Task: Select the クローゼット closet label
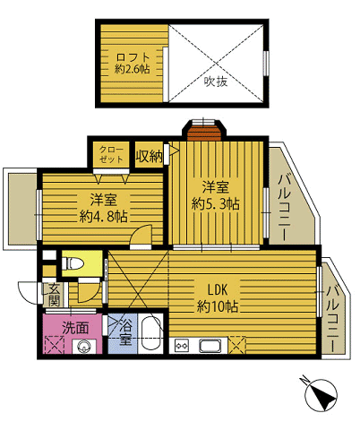click(111, 154)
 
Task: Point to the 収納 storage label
click(150, 155)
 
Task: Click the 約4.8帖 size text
click(103, 215)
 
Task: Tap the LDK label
click(219, 290)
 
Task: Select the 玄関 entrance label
click(55, 295)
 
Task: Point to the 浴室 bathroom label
click(124, 331)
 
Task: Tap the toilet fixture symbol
click(73, 263)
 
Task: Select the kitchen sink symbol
click(211, 346)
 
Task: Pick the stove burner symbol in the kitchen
click(182, 346)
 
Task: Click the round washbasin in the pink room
click(85, 348)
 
